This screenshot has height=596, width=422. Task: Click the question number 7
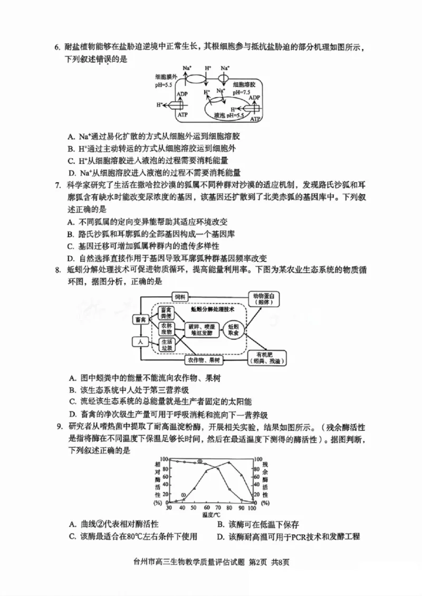pyautogui.click(x=57, y=185)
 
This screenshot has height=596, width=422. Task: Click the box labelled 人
pyautogui.click(x=140, y=342)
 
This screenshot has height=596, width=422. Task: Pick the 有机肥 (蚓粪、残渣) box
pyautogui.click(x=266, y=357)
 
